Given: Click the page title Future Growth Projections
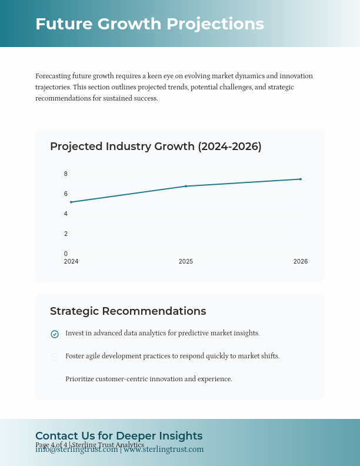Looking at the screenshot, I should coord(149,24).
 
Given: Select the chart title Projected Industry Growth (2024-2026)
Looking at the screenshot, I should coord(155,147).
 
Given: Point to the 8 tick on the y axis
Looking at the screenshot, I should coord(66,174).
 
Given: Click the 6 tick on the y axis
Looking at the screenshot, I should coord(66,194).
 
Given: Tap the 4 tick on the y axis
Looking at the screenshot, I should coord(66,214).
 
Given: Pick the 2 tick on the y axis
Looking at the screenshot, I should coord(66,234).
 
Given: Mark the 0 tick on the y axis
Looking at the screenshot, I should coord(66,254).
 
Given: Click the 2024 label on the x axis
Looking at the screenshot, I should coord(71,261).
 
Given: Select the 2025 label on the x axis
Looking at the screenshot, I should coord(186,261).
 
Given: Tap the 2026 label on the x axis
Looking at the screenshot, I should coord(301,261).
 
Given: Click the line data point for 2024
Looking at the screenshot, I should coord(71,202).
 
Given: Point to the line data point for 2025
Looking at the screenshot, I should coord(186,186).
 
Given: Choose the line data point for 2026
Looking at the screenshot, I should coord(301,179).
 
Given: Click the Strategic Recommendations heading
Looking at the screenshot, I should coord(128,311).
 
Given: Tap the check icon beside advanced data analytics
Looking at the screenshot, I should coord(55,334).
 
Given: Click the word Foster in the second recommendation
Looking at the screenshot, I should coord(75,356).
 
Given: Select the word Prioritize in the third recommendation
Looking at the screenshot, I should coord(80,379).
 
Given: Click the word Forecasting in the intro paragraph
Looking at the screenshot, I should coord(53,76).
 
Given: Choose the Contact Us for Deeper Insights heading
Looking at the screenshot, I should coord(119,435).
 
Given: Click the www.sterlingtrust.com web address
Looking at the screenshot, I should coord(164,450).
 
